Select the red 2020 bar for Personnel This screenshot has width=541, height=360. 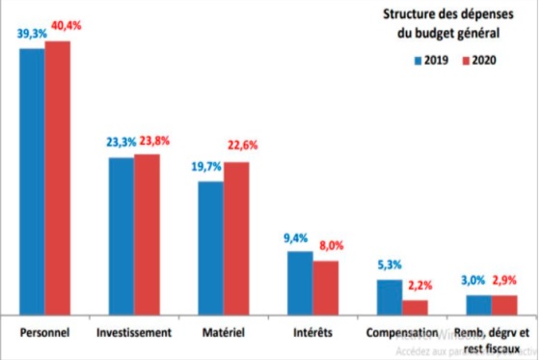tap(58, 178)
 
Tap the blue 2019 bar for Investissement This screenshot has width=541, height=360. tap(121, 235)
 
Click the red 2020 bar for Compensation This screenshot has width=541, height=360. tap(415, 307)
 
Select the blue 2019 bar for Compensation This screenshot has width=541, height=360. tap(389, 296)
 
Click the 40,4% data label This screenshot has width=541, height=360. tap(65, 26)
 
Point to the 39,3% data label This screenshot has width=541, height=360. tap(32, 33)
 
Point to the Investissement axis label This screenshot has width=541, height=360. tap(134, 333)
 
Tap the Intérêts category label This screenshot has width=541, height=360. tap(311, 333)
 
